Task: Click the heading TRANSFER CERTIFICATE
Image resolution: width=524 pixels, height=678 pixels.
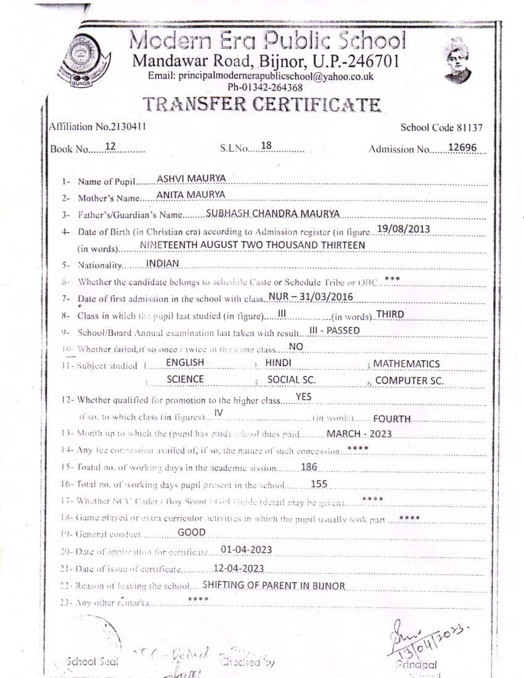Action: tap(261, 105)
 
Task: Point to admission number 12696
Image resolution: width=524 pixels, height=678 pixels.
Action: tap(469, 149)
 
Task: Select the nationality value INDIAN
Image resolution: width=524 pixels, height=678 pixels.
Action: tap(162, 263)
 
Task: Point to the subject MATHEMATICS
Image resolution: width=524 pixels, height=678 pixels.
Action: tap(406, 364)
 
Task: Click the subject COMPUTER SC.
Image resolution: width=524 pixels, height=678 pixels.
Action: tap(409, 380)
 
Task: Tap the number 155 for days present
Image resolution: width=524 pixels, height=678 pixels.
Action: tap(319, 484)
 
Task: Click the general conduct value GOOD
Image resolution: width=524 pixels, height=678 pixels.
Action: tap(191, 532)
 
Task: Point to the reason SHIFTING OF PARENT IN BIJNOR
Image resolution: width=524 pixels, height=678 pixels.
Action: tap(273, 585)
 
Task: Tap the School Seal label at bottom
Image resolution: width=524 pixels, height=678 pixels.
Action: tap(92, 661)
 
